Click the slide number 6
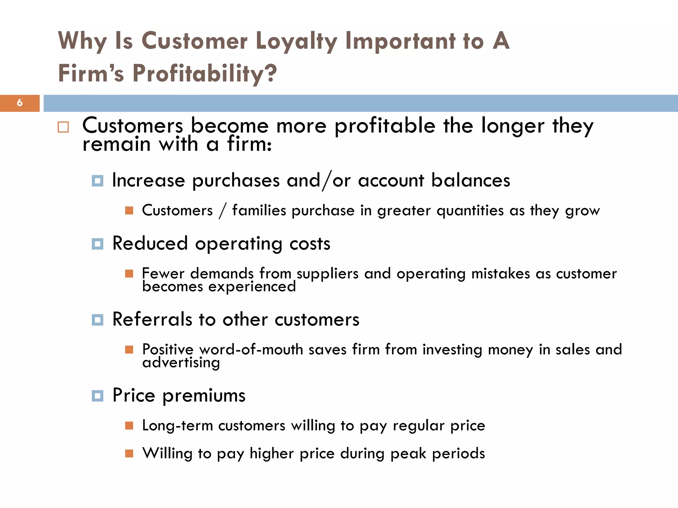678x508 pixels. point(20,103)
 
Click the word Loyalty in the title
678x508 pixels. point(296,41)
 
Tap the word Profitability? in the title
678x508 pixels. point(204,73)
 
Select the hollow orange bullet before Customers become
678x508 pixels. point(63,127)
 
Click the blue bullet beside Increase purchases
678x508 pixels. point(97,181)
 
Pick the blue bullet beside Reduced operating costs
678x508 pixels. point(97,244)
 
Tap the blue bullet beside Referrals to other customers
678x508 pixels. point(97,320)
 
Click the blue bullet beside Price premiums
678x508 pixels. point(97,396)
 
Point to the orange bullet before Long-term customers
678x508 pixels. point(129,425)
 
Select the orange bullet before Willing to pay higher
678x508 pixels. point(129,453)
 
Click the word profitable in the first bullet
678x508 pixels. point(385,126)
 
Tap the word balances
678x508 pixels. point(470,181)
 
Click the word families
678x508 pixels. point(259,211)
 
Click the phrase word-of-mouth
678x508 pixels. point(251,350)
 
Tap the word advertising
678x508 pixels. point(181,363)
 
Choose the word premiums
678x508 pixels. point(204,396)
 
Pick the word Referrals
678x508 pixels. point(152,320)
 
